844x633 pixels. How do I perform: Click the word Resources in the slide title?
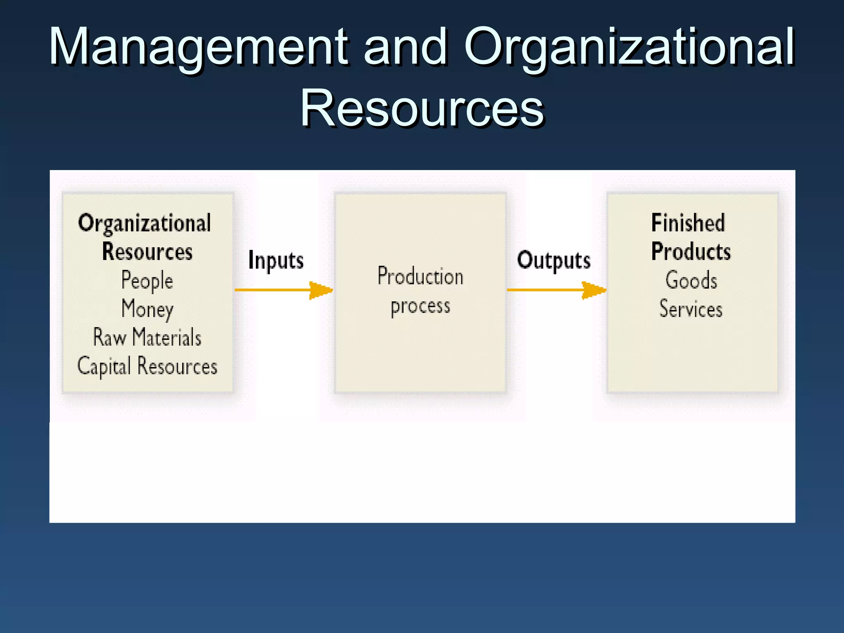[x=422, y=108]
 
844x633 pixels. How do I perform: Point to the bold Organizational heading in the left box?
[x=144, y=223]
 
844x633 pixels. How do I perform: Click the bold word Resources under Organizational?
[x=147, y=251]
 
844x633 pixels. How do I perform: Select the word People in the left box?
[x=147, y=281]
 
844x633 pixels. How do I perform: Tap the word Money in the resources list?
[x=147, y=309]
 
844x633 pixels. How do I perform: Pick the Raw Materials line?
[x=147, y=338]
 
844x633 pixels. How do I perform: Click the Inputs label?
[x=276, y=260]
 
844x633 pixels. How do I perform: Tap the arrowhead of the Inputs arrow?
[x=321, y=290]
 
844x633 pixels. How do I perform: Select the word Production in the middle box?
[x=420, y=277]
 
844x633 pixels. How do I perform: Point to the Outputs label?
[x=553, y=260]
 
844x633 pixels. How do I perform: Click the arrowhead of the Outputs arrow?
[x=594, y=290]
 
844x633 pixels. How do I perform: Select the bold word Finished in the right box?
[x=688, y=223]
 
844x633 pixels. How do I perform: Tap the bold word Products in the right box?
[x=691, y=251]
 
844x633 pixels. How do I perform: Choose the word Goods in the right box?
[x=691, y=281]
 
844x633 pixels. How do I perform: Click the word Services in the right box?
[x=691, y=309]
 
